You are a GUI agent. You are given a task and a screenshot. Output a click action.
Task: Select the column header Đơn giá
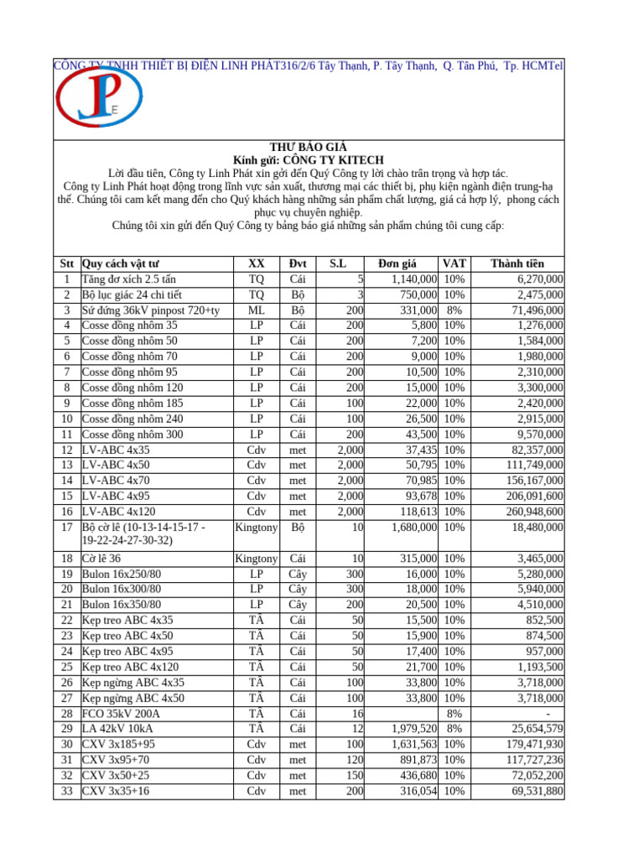coord(405,263)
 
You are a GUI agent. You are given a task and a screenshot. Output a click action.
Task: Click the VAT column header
coord(454,263)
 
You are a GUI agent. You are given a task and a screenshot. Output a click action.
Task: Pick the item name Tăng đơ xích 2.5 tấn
coord(128,279)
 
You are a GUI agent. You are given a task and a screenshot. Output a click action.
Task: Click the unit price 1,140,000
coord(408,279)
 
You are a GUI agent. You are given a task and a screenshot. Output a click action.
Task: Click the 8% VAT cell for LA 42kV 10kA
coord(454,728)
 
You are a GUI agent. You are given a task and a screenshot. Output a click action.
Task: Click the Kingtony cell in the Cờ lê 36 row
coord(257,558)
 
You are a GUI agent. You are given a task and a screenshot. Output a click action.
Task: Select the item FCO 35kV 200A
coord(121,713)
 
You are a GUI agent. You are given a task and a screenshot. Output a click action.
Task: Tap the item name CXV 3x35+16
coord(116,790)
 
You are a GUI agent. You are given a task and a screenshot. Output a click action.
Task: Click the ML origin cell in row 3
coord(257,310)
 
